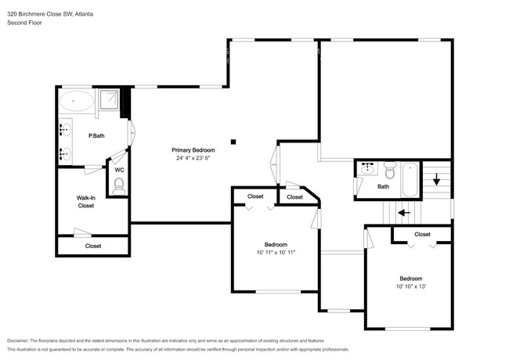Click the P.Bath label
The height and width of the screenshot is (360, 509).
click(96, 137)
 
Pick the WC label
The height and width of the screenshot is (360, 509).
click(119, 169)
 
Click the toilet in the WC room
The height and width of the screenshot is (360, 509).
click(119, 185)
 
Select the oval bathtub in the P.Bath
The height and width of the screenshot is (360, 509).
click(75, 101)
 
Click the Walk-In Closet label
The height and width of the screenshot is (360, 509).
click(85, 202)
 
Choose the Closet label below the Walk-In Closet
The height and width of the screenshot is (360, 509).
click(93, 246)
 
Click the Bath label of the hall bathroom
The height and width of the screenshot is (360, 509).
click(383, 187)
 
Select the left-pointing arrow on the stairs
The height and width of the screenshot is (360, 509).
click(403, 212)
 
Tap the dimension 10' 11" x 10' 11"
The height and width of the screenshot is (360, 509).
click(276, 253)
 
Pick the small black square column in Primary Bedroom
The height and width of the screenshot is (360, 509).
click(233, 142)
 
